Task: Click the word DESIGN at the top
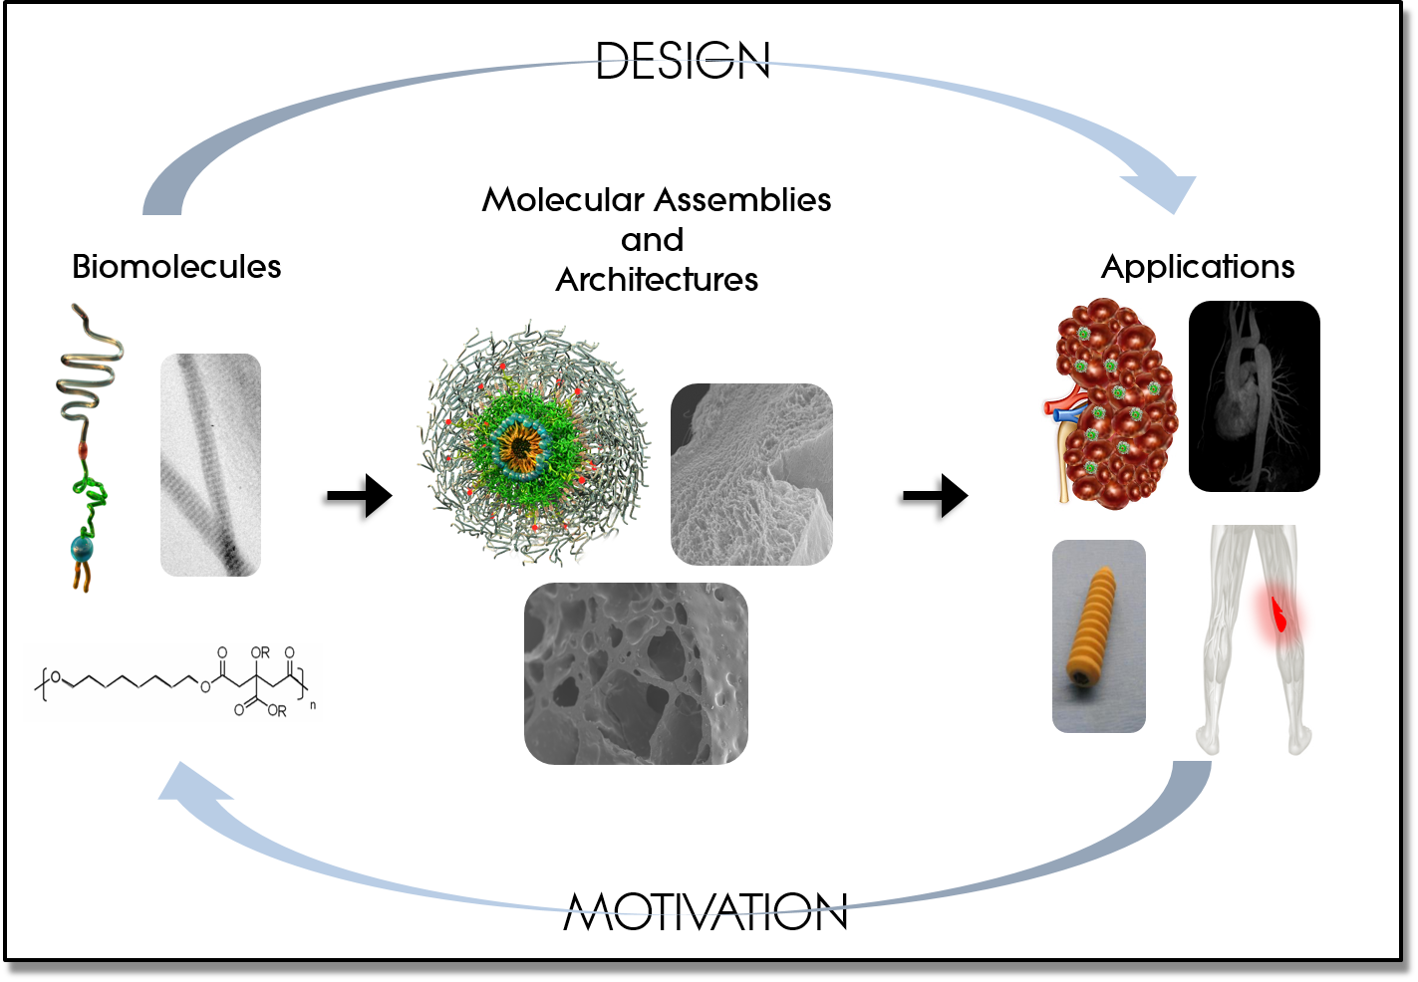coord(683,61)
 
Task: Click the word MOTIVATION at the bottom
coord(705,911)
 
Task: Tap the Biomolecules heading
coord(176,266)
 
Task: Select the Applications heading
coord(1198,266)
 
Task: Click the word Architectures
coord(657,280)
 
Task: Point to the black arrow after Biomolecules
coord(360,496)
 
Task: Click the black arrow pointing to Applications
coord(936,496)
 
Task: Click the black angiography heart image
coord(1254,396)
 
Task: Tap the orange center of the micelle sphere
coord(520,447)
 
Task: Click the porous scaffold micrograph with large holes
coord(636,673)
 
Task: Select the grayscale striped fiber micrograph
coord(211,464)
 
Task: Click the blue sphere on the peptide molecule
coord(83,548)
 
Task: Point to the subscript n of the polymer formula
coord(313,705)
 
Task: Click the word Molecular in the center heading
coord(563,200)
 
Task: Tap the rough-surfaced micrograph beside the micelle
coord(751,474)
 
